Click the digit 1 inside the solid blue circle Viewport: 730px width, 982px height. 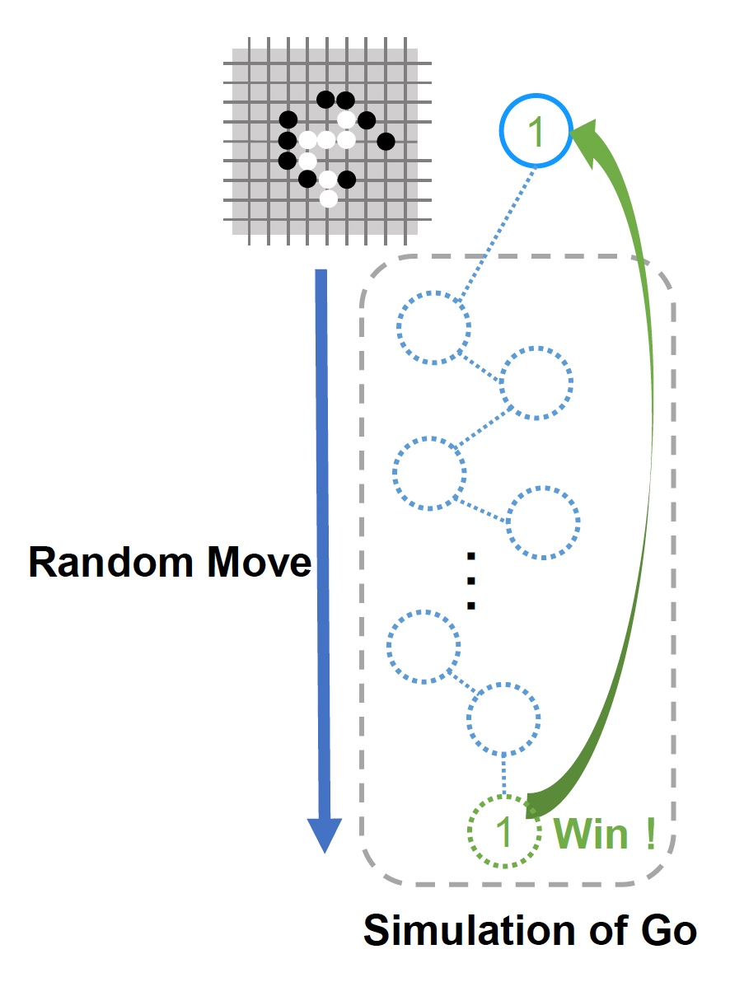pyautogui.click(x=536, y=132)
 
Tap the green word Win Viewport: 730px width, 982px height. pyautogui.click(x=591, y=834)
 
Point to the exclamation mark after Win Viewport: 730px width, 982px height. pyautogui.click(x=650, y=833)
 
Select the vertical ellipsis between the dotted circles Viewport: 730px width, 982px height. pyautogui.click(x=471, y=581)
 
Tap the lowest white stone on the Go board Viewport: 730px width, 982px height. pyautogui.click(x=328, y=199)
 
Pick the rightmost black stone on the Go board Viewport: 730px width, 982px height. pyautogui.click(x=386, y=142)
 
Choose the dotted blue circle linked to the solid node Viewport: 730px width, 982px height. pyautogui.click(x=434, y=327)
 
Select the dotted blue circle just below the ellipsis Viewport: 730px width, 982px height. pyautogui.click(x=423, y=647)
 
